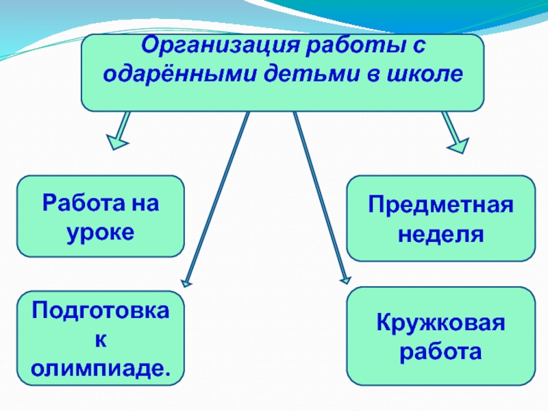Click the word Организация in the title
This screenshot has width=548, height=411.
(x=221, y=46)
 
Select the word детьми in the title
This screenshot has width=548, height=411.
(x=312, y=74)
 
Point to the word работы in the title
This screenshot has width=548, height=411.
(x=353, y=45)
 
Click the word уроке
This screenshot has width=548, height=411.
(x=100, y=233)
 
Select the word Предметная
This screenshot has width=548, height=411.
(x=440, y=204)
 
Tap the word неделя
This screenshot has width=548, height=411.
(x=440, y=234)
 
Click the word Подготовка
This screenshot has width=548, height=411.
(x=100, y=310)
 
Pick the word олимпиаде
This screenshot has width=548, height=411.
(x=100, y=369)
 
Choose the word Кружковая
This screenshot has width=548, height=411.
(x=440, y=323)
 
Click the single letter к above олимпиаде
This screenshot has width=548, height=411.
(x=101, y=340)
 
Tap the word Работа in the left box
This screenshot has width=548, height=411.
(x=84, y=202)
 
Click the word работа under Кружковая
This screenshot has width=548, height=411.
(x=440, y=353)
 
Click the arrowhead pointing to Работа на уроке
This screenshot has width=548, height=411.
(x=116, y=142)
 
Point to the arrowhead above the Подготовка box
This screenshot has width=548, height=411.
(x=186, y=283)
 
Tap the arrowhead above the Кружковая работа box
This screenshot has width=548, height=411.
(x=345, y=279)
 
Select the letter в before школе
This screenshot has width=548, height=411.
(x=373, y=75)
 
